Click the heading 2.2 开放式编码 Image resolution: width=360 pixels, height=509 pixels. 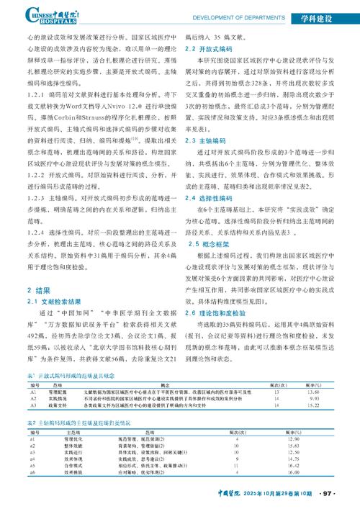[206, 48]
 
